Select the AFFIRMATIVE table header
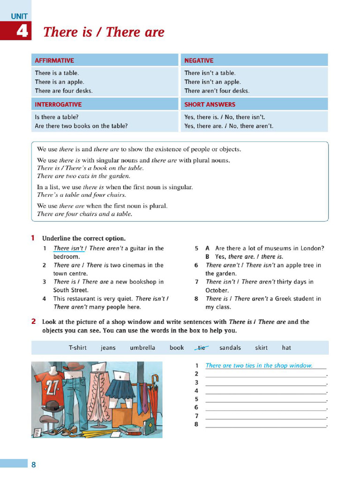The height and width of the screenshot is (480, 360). coord(54,60)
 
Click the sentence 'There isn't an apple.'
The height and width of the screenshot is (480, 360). coord(212,82)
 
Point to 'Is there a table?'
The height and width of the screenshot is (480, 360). coord(57,117)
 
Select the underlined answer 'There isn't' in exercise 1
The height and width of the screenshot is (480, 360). coord(68,248)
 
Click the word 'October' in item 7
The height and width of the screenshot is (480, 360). coord(217,290)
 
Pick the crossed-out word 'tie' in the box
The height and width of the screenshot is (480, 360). coord(202,348)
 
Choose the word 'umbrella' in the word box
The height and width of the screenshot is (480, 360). coord(142,348)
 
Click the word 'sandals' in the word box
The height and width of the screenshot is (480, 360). coord(230,348)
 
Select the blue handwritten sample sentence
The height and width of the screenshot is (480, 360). coord(259,366)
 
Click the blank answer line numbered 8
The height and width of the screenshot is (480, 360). coord(266,425)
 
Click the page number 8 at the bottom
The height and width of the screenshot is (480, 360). coord(33,465)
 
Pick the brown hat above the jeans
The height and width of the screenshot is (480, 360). coord(73,367)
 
